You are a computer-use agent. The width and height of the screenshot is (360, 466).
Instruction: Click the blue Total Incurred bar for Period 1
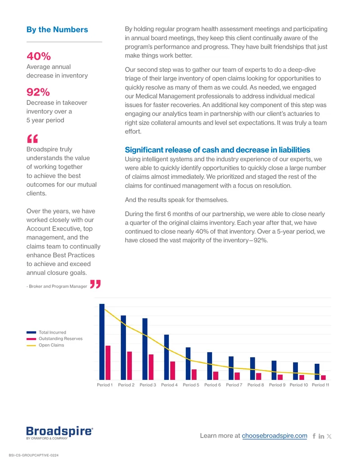click(x=102, y=342)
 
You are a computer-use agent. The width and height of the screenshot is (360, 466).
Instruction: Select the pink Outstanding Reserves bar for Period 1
click(x=108, y=362)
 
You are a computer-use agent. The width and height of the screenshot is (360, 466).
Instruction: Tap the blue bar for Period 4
click(x=166, y=357)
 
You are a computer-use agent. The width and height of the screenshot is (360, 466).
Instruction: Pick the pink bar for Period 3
click(x=151, y=367)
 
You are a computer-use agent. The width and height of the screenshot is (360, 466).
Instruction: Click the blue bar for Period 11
click(x=317, y=372)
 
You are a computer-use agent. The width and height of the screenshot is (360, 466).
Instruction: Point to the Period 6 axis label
click(x=212, y=385)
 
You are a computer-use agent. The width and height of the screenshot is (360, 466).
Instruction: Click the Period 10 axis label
click(x=299, y=385)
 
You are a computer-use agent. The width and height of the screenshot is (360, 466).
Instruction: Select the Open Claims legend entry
click(x=45, y=345)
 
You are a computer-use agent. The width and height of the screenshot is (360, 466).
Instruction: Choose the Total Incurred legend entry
click(x=46, y=332)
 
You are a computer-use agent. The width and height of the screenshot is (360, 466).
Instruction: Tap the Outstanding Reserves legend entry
click(x=54, y=339)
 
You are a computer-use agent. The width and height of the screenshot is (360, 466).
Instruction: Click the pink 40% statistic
click(x=39, y=56)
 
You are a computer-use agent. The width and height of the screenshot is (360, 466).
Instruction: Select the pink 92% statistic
click(x=38, y=92)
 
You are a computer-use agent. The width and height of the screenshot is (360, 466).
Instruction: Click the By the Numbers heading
click(x=57, y=29)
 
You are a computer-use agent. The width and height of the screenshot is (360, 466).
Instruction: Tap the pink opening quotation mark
click(x=32, y=139)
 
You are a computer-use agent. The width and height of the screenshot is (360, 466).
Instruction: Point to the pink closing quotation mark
click(x=95, y=284)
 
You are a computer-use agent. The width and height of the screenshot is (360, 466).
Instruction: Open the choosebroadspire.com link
click(x=274, y=436)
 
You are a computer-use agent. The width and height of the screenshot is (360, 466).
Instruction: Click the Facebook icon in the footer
click(x=314, y=436)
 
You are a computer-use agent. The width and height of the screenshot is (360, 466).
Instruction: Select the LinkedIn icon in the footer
click(x=321, y=436)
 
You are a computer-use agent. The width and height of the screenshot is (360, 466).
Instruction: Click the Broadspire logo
click(x=60, y=433)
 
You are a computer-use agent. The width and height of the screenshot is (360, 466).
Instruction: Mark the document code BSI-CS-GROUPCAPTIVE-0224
click(x=34, y=455)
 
